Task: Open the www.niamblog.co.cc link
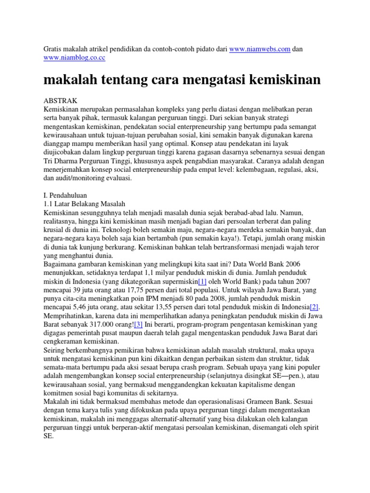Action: click(74, 58)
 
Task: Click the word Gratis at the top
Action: click(53, 50)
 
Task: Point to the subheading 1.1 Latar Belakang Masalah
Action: click(84, 204)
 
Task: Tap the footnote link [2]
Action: click(314, 307)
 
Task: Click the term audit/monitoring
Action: click(85, 178)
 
